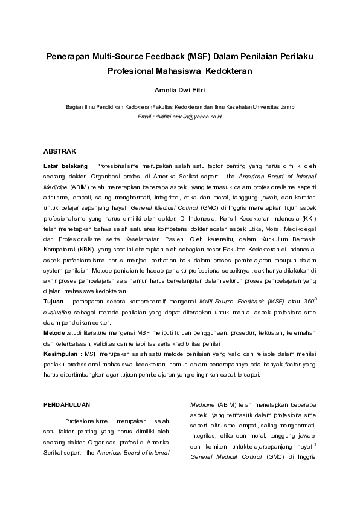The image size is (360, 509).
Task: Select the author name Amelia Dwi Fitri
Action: [x=180, y=91]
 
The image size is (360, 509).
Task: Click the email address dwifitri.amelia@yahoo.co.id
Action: [x=188, y=115]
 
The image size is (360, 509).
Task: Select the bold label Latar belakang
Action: [x=65, y=164]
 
